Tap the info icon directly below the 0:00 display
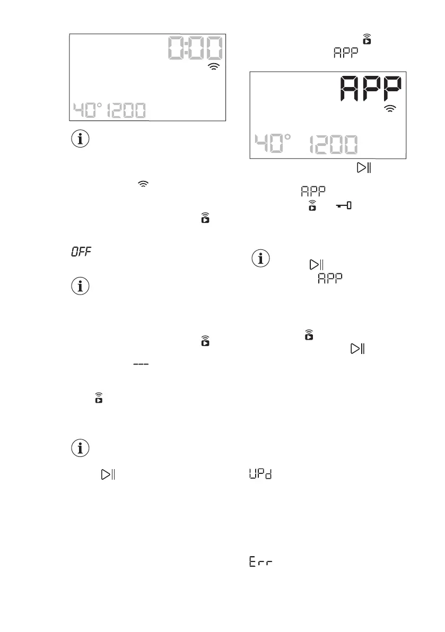81,140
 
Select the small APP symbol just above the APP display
345,53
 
